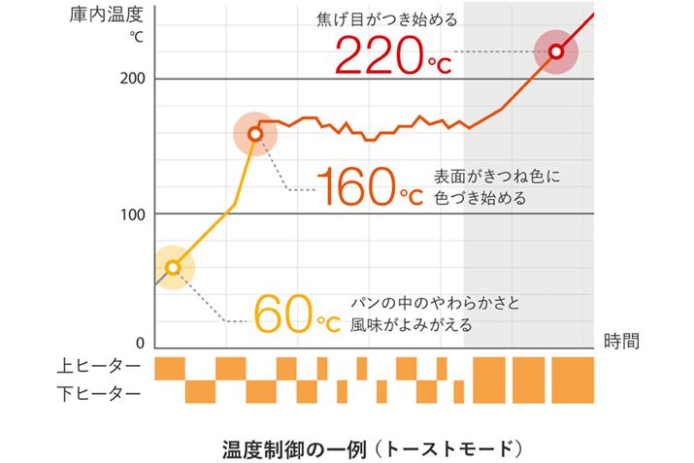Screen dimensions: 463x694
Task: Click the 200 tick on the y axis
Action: tap(132, 78)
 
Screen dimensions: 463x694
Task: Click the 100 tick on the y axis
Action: tap(132, 214)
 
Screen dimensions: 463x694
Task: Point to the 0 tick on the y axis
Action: tap(140, 344)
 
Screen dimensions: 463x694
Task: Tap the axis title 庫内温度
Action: tap(107, 17)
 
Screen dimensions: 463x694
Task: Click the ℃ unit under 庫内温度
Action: tap(137, 39)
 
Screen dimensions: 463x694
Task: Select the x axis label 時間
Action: tap(621, 341)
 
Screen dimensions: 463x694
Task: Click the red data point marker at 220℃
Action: tap(556, 51)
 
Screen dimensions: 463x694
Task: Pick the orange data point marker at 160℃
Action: tap(255, 135)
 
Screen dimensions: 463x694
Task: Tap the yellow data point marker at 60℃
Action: tap(173, 268)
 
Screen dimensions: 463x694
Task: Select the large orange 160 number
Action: tap(355, 186)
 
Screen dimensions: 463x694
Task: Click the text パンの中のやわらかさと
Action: tap(434, 303)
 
